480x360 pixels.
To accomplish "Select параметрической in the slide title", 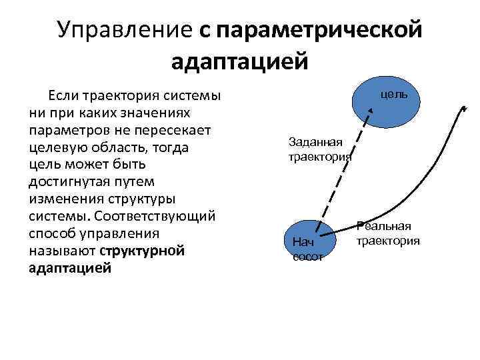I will click(319, 30).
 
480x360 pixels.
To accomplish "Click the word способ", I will click(53, 233).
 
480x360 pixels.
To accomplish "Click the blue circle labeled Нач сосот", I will click(307, 240).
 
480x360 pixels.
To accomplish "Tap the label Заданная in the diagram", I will click(315, 141).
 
